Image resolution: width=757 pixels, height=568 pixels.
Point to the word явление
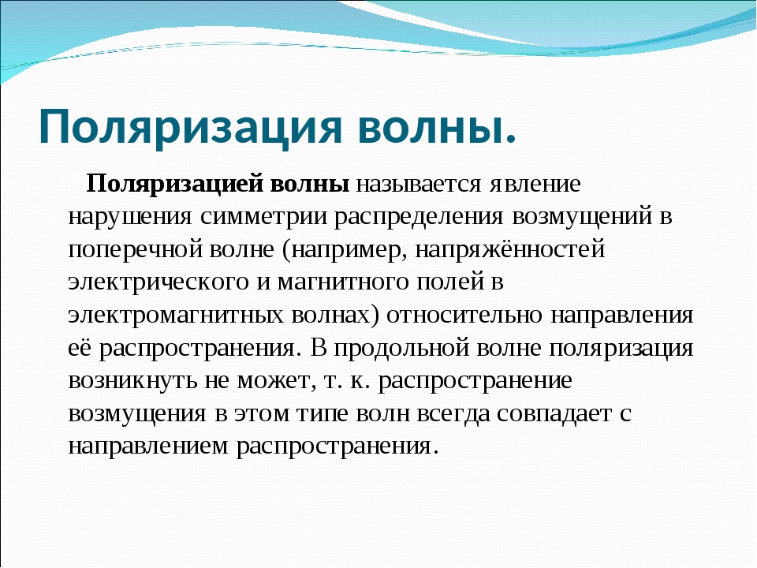pyautogui.click(x=535, y=184)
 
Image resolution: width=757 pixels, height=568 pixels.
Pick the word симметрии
pyautogui.click(x=263, y=217)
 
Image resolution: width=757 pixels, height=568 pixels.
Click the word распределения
pyautogui.click(x=419, y=218)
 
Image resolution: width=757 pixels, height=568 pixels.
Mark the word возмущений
pyautogui.click(x=582, y=218)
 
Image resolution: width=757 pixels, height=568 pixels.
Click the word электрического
pyautogui.click(x=158, y=282)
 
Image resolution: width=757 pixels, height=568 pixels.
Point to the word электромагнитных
pyautogui.click(x=176, y=316)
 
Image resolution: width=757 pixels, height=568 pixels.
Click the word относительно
pyautogui.click(x=464, y=316)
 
